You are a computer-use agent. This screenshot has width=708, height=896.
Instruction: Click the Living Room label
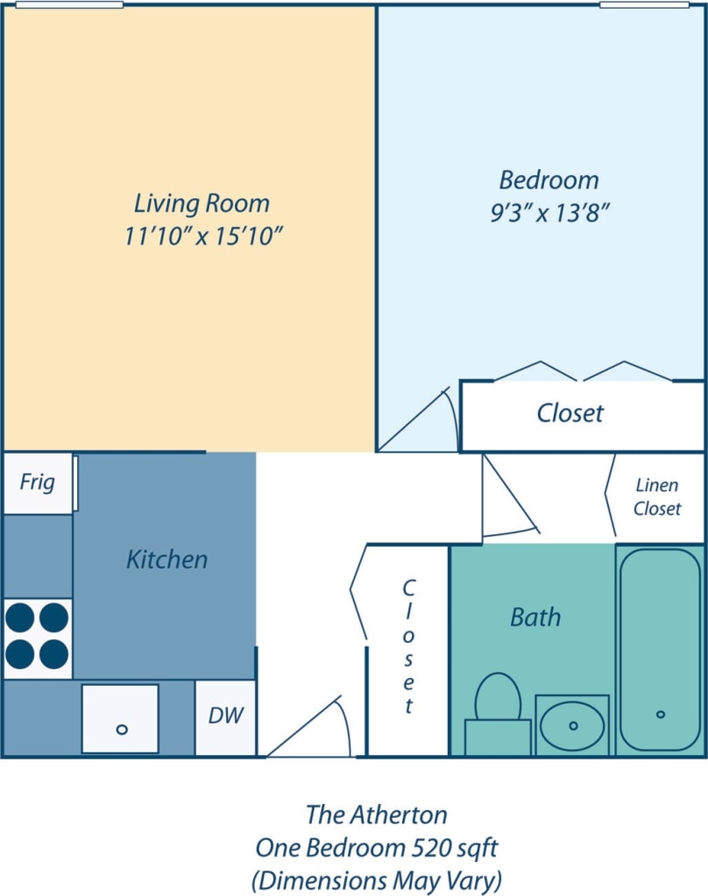point(202,203)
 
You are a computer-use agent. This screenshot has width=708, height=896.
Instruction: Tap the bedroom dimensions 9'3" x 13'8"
point(549,213)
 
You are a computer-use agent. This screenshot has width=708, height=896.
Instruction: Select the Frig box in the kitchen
point(37,483)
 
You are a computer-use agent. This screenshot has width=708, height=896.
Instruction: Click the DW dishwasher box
point(225,716)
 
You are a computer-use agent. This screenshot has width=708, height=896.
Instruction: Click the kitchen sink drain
point(122,729)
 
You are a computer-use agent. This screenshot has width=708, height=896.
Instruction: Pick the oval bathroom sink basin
point(572,726)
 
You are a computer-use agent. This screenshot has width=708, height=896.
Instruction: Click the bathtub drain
point(661,715)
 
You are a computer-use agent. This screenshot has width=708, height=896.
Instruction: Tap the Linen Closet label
point(657,497)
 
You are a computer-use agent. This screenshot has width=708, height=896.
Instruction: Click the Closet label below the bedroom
point(570,413)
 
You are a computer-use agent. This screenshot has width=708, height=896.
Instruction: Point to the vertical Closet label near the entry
point(408,646)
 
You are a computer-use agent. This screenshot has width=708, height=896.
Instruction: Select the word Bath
point(535,617)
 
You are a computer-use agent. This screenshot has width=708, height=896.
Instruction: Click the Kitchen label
point(166,559)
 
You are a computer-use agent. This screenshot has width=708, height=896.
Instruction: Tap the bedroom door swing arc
point(421,420)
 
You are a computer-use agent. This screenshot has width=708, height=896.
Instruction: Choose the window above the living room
point(69,4)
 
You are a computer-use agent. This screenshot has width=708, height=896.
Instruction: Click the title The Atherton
point(376,815)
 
